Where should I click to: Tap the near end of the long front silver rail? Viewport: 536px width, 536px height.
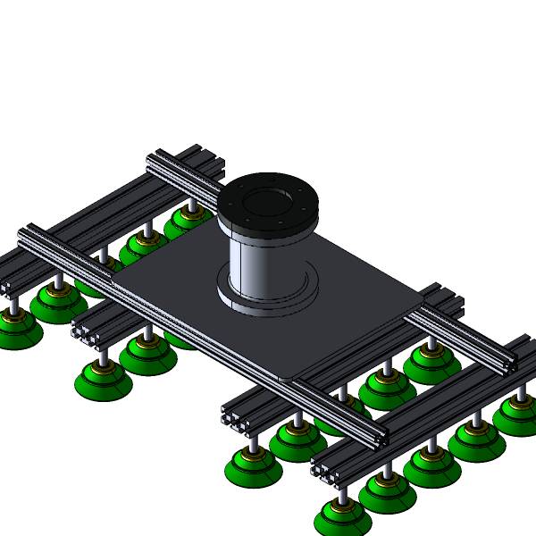pyautogui.click(x=381, y=438)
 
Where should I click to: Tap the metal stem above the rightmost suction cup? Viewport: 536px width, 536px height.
pyautogui.click(x=523, y=385)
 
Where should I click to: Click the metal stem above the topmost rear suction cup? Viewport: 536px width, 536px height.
pyautogui.click(x=190, y=207)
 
